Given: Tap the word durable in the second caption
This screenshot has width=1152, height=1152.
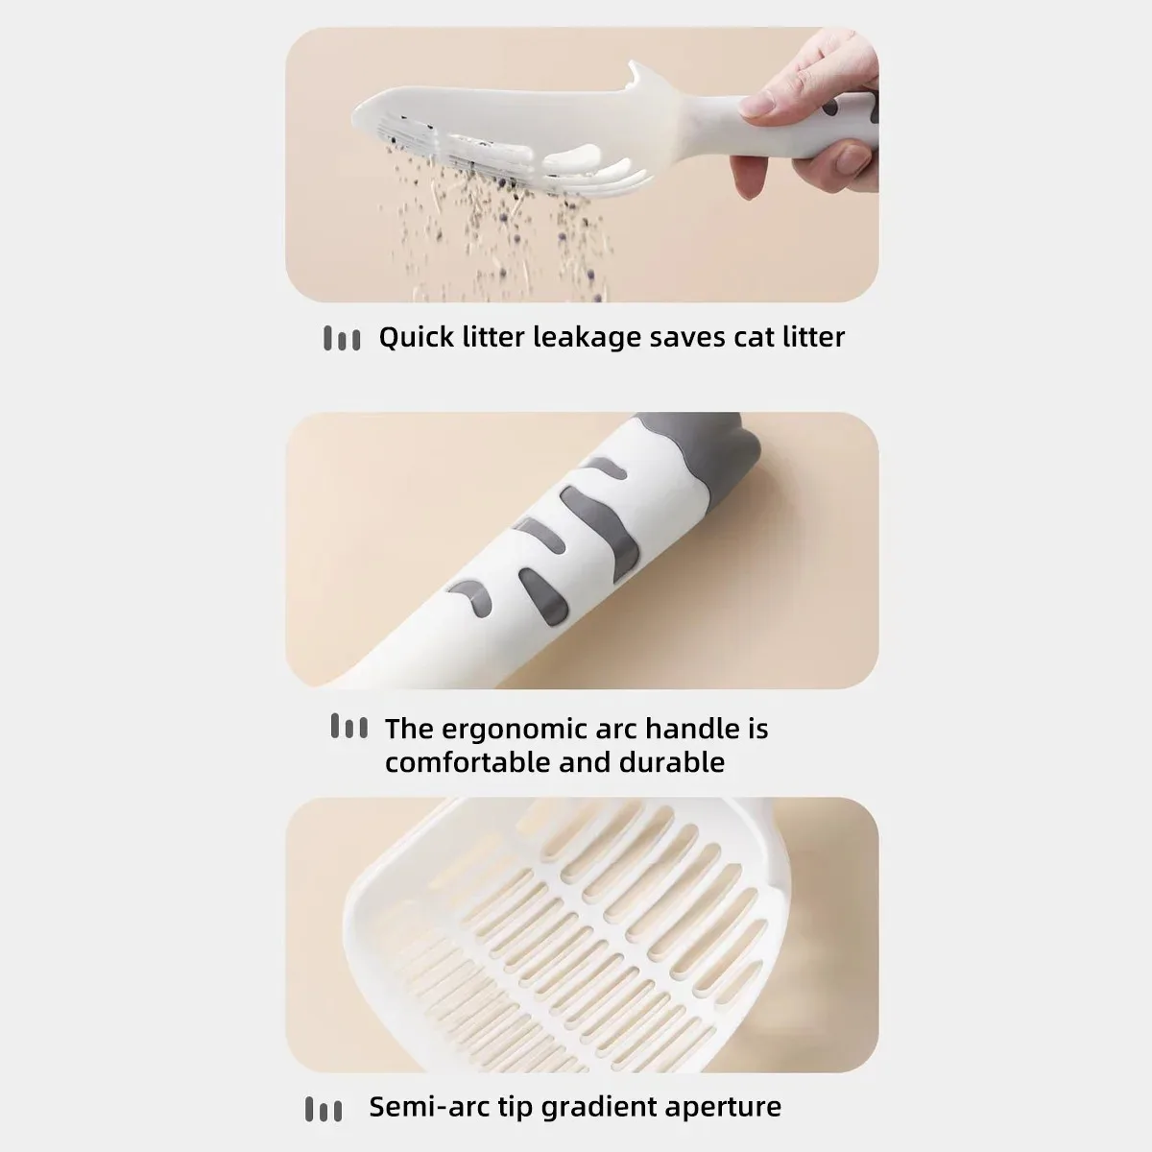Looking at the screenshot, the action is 672,763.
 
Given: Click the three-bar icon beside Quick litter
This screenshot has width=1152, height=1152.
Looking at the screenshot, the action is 342,338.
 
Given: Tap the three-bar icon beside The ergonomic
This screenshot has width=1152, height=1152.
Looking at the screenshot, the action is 349,726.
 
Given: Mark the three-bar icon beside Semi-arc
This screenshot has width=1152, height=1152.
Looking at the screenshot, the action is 324,1110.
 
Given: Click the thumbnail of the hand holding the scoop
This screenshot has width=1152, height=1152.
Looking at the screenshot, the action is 582,164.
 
